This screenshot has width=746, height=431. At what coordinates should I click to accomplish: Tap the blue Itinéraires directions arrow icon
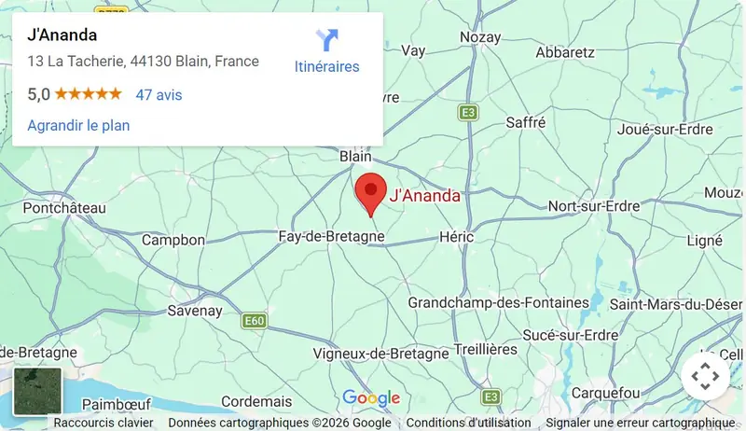click(x=326, y=40)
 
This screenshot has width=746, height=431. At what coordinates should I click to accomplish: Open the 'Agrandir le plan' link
click(x=78, y=125)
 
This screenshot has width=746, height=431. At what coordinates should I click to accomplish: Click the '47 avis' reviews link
click(x=159, y=94)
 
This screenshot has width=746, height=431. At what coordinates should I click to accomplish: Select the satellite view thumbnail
click(x=37, y=391)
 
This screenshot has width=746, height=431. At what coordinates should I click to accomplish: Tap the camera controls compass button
click(x=705, y=377)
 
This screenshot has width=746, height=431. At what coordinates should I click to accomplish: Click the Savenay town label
click(x=194, y=311)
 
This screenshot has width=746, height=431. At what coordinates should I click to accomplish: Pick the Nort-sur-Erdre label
click(x=594, y=205)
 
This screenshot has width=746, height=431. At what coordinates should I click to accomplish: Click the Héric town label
click(x=456, y=238)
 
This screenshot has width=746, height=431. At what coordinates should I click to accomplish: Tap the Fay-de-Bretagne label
click(x=332, y=238)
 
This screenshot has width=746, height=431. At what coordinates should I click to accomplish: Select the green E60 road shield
click(x=254, y=321)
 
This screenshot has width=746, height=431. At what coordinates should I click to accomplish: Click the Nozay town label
click(x=480, y=38)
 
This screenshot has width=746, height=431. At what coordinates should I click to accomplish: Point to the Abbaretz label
click(x=565, y=52)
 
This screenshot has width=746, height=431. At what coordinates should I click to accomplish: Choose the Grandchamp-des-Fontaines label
click(x=499, y=303)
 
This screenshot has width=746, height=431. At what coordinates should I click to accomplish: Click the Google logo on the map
click(x=371, y=398)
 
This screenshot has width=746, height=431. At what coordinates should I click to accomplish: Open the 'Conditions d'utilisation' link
click(x=469, y=423)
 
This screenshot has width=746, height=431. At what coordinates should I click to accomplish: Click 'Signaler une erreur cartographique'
click(x=641, y=423)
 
